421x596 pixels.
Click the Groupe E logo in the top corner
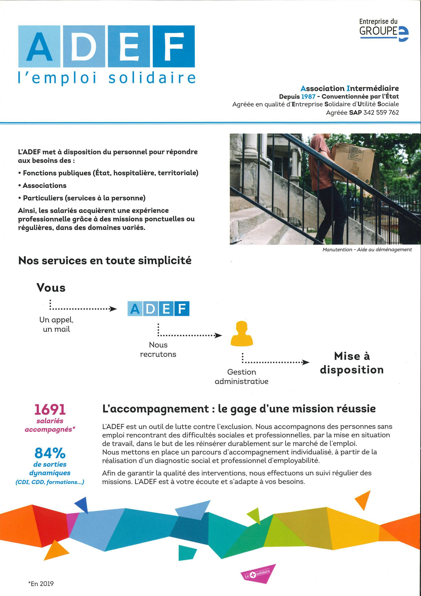click(x=384, y=30)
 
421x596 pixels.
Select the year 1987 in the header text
click(x=308, y=97)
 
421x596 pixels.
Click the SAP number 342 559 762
click(x=381, y=112)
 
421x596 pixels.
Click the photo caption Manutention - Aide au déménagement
click(x=367, y=250)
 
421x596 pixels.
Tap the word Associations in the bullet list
click(x=44, y=186)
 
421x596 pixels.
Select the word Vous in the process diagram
click(x=51, y=288)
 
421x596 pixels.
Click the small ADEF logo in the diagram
click(x=158, y=309)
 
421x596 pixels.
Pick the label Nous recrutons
click(x=158, y=349)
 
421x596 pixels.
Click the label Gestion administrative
click(x=241, y=377)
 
